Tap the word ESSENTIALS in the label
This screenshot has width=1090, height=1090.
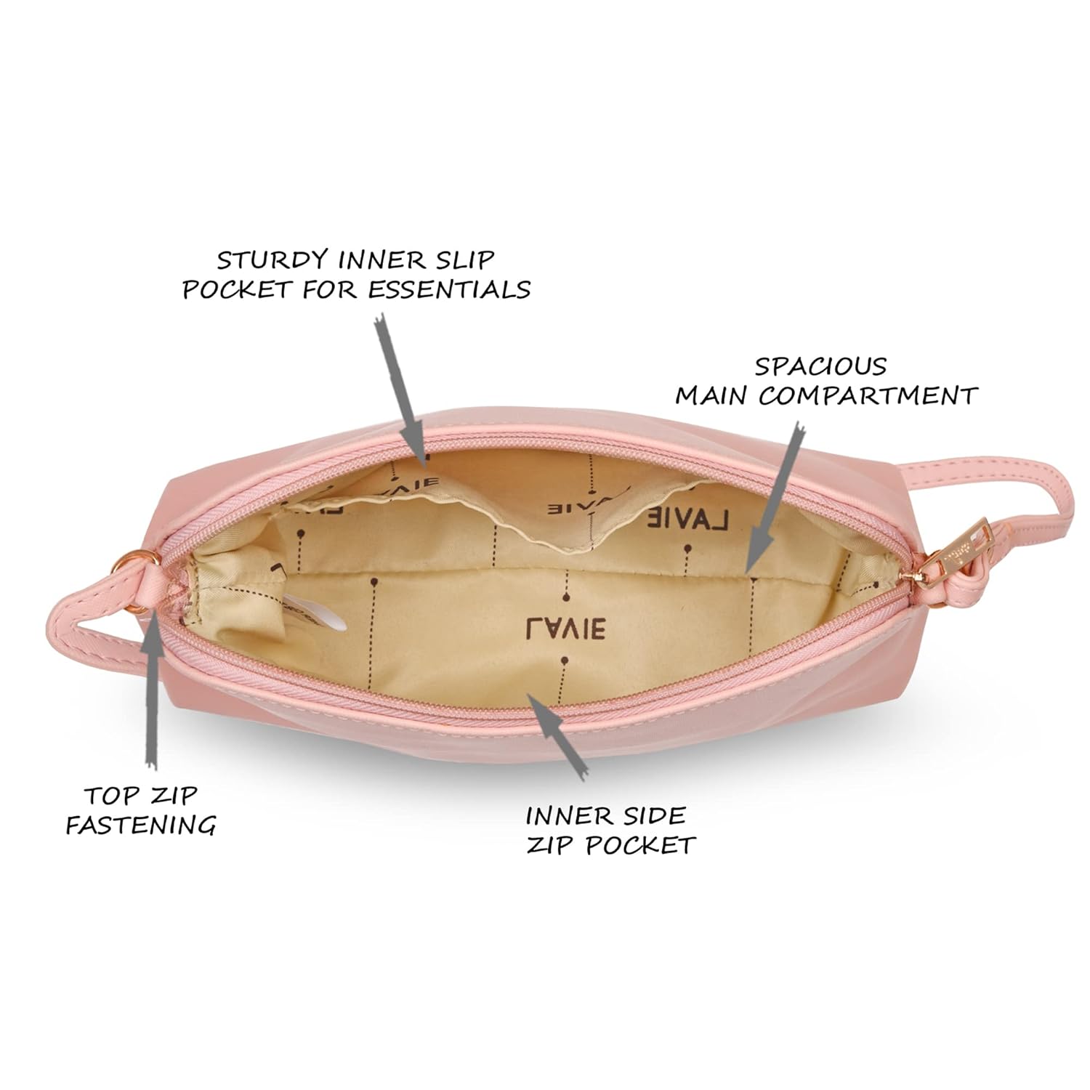coord(449,289)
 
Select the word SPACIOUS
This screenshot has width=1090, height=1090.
coord(820,366)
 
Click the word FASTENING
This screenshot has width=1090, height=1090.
coord(140,825)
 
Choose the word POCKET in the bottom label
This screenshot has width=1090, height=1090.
coord(641,845)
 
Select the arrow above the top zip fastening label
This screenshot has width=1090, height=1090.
coord(151,695)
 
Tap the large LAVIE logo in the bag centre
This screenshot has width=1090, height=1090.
coord(565,626)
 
